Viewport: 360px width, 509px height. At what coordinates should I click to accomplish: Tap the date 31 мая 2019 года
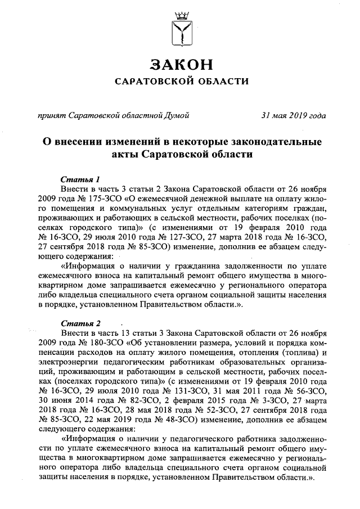coord(293,116)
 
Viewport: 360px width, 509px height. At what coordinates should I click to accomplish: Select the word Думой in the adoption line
coord(176,116)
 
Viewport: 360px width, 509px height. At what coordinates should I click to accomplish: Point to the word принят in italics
coord(49,116)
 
